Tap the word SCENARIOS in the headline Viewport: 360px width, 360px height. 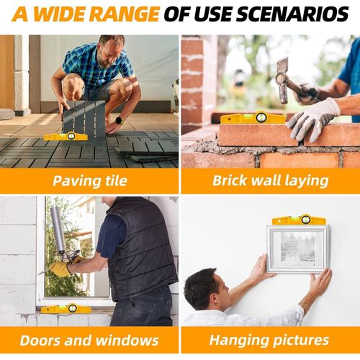tap(292, 14)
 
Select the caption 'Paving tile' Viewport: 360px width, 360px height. tap(90, 181)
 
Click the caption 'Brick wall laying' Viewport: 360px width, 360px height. tap(271, 181)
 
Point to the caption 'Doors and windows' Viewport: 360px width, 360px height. tap(89, 341)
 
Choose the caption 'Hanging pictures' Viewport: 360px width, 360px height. tap(269, 341)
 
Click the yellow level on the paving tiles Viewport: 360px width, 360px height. tap(66, 137)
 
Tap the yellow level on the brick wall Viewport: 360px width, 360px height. tap(253, 117)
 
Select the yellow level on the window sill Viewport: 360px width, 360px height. tap(66, 309)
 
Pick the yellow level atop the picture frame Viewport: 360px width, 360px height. tap(299, 220)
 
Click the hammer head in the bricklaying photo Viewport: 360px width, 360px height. tap(282, 80)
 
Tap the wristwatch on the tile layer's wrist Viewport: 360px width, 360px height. tap(120, 120)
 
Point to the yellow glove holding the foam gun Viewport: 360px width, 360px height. tap(60, 269)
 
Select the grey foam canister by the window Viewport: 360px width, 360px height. tap(58, 231)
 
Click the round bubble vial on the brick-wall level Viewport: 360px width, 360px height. tap(261, 117)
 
